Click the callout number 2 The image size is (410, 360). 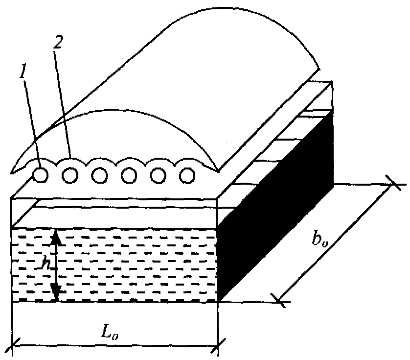click(x=58, y=43)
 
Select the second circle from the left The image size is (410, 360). click(x=70, y=174)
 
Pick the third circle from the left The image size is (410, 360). click(x=100, y=174)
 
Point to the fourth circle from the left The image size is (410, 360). click(x=129, y=174)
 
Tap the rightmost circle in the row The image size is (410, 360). click(x=188, y=174)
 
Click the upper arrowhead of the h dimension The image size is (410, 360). click(x=57, y=236)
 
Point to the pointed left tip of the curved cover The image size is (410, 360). click(x=12, y=172)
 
